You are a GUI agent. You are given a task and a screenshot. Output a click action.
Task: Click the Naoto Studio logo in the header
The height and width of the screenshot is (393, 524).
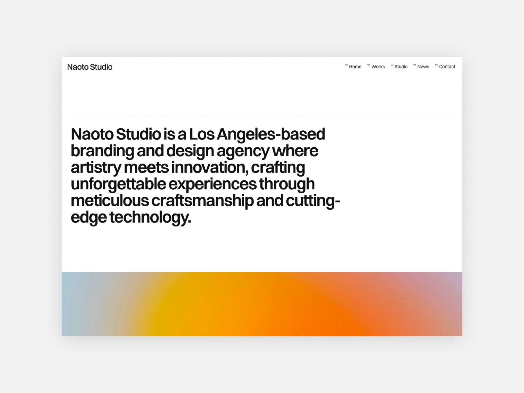[x=90, y=67]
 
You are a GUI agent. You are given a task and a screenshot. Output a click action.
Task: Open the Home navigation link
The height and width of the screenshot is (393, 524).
[x=355, y=67]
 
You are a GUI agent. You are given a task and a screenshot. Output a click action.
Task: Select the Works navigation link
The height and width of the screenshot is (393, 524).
[x=378, y=67]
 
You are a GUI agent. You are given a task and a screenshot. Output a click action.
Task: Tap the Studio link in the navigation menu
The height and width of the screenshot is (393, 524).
[x=401, y=67]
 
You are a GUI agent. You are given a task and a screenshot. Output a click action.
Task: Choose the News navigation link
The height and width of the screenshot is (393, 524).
[x=423, y=67]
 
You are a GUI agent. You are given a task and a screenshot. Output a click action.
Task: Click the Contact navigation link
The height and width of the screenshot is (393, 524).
[x=447, y=67]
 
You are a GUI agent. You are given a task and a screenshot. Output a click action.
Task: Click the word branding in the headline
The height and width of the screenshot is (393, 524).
[x=103, y=151]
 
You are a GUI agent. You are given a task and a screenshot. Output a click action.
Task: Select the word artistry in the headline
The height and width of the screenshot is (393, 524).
[x=96, y=168]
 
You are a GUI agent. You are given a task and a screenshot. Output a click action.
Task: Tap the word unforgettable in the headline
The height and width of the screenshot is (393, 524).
[x=118, y=184]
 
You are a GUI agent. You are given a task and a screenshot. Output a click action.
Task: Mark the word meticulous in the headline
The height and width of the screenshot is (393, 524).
[x=110, y=201]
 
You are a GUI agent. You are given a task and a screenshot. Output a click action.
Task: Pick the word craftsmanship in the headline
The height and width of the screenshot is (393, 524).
[x=202, y=201]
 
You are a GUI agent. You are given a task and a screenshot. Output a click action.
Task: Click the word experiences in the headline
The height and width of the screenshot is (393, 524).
[x=213, y=184]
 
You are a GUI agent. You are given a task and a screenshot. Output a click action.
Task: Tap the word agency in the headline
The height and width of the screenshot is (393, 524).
[x=243, y=151]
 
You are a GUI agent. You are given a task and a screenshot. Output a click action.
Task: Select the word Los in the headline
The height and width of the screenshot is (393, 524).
[x=201, y=135]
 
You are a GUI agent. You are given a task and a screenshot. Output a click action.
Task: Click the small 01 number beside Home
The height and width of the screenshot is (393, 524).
[x=346, y=65]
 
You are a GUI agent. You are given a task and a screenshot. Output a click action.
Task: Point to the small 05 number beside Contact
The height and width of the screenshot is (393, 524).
[x=436, y=65]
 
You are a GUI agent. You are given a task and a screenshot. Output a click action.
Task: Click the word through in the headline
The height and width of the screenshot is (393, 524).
[x=287, y=184]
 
